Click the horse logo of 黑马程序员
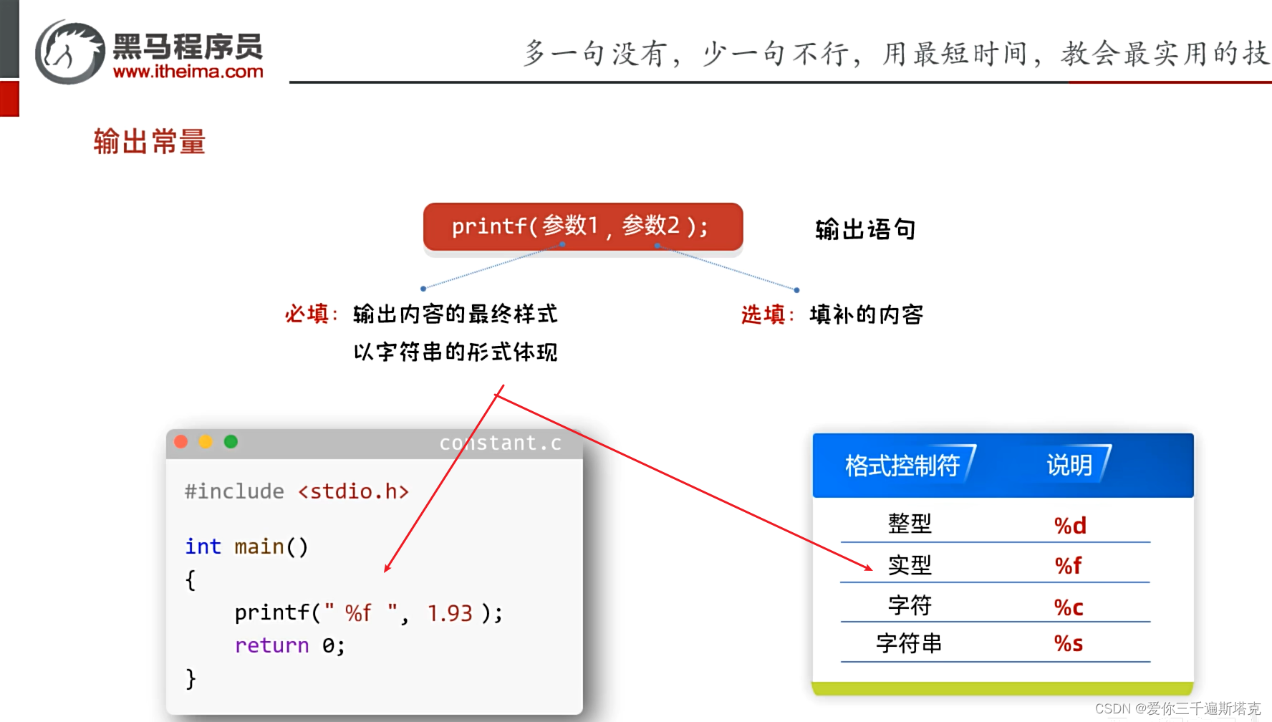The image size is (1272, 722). (70, 52)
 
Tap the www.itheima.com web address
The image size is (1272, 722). (188, 72)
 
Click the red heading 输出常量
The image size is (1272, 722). (149, 141)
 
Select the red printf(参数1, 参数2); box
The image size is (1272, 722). (582, 227)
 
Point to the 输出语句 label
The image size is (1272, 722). (865, 229)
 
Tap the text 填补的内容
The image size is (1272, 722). (866, 314)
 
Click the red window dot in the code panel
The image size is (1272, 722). (181, 442)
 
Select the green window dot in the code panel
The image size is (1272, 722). (231, 442)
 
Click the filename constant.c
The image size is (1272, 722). (500, 443)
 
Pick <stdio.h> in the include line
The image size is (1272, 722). (353, 491)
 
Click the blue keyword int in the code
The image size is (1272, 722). (203, 547)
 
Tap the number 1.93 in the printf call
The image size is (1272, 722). (450, 613)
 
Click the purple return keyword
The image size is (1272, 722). (271, 645)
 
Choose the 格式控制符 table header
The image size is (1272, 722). (902, 466)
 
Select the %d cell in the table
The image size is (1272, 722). (1069, 525)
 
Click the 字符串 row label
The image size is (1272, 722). (909, 643)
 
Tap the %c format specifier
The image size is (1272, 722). (1068, 607)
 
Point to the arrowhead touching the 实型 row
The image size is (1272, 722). (869, 568)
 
